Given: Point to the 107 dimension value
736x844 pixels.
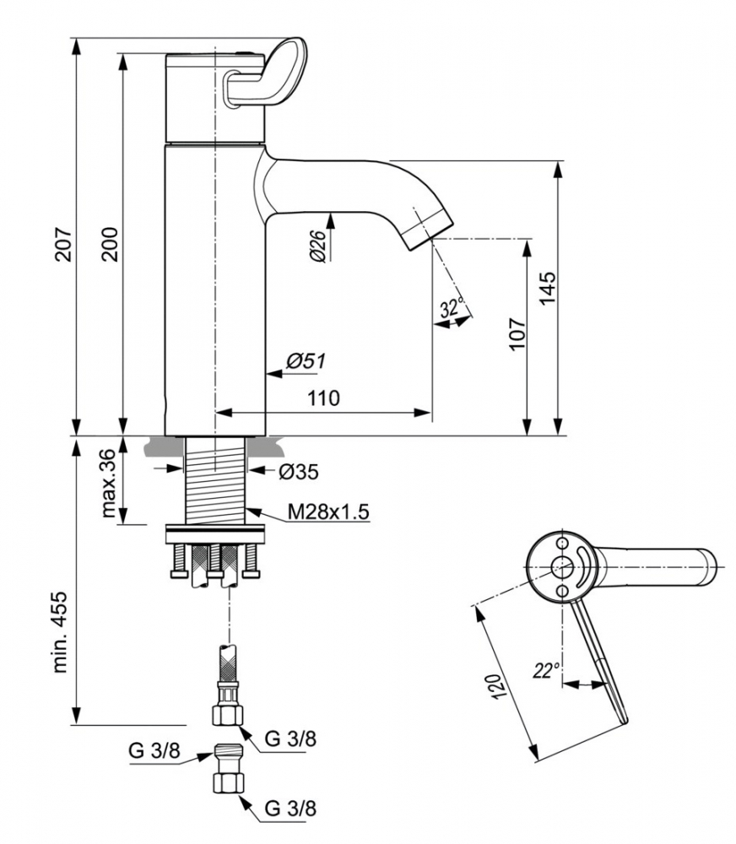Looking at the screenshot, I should (517, 334).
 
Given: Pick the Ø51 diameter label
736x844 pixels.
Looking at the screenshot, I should (305, 361).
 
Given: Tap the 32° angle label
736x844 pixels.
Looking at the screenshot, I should (452, 308).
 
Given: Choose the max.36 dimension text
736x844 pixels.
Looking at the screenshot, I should (108, 483).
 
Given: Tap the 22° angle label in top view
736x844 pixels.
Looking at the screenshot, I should (546, 671).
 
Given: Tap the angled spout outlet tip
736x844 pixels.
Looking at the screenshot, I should (429, 231).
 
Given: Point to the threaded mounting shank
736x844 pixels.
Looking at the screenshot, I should (217, 480).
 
